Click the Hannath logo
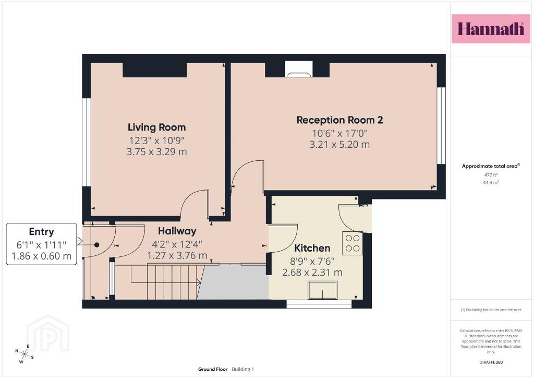click(491, 29)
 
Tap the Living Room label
click(156, 127)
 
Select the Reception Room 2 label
click(339, 120)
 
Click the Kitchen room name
click(312, 248)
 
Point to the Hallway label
click(177, 231)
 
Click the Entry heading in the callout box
click(42, 232)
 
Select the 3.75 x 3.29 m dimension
click(156, 152)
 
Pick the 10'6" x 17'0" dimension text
click(340, 133)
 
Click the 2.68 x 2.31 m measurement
click(312, 273)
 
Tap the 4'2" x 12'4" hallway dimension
click(177, 244)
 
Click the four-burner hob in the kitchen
click(353, 243)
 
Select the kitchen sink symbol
click(322, 290)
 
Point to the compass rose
click(24, 354)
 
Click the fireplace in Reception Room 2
click(298, 69)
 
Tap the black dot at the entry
click(96, 245)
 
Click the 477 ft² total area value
click(491, 175)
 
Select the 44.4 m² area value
click(491, 182)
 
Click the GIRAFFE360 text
click(491, 362)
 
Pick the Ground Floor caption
click(213, 369)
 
